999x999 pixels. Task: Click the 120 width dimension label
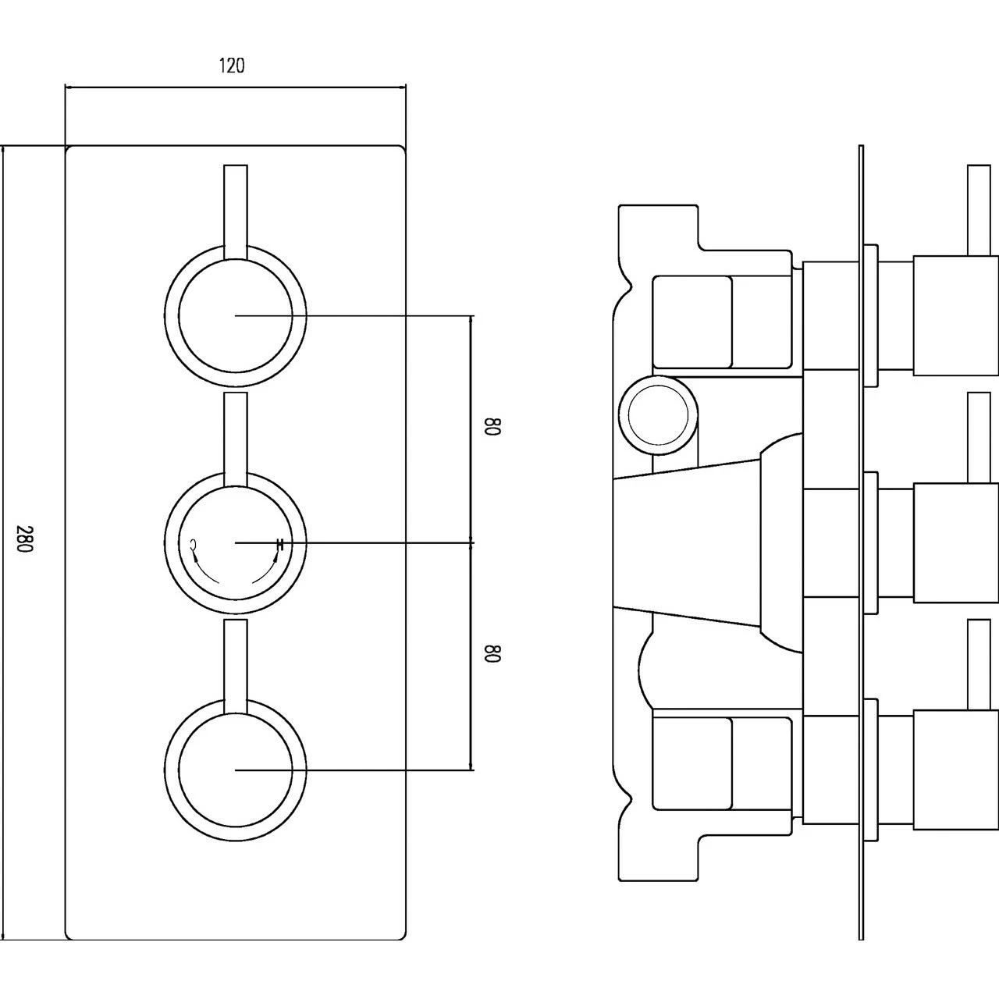(231, 66)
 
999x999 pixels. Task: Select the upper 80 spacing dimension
(492, 428)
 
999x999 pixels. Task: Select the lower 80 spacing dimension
(492, 653)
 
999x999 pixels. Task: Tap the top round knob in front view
(236, 315)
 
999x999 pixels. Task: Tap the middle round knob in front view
(236, 542)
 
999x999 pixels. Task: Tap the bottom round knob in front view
(236, 770)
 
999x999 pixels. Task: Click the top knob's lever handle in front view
(236, 207)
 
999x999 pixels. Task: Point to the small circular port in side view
(657, 414)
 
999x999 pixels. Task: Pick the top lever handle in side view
(979, 209)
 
